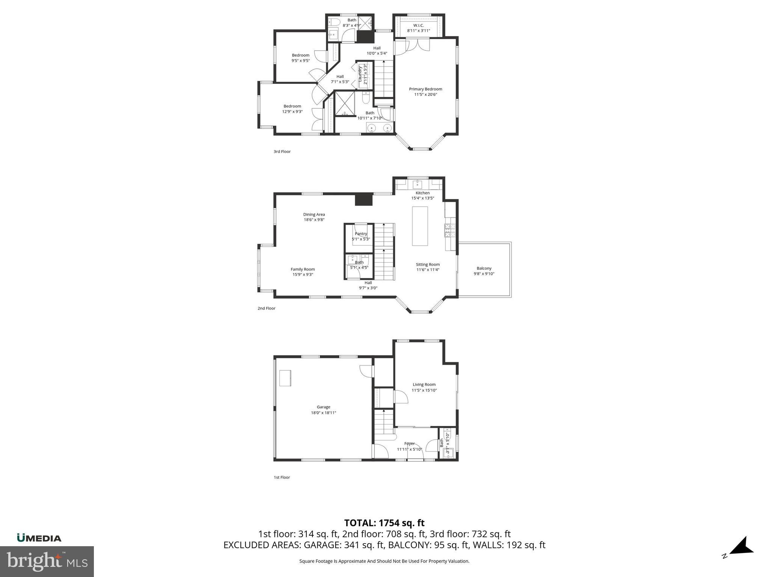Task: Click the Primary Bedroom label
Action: click(x=425, y=89)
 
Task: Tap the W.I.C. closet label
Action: click(x=418, y=25)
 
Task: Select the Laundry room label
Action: click(x=360, y=74)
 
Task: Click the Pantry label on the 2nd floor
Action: click(x=360, y=234)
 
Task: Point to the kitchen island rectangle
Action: click(x=420, y=226)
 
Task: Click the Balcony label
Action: click(x=484, y=268)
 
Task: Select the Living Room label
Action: click(x=424, y=385)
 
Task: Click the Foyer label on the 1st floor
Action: click(x=409, y=444)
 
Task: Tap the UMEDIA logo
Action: click(x=39, y=538)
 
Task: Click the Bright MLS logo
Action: click(x=47, y=561)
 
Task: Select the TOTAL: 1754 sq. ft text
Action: click(x=384, y=523)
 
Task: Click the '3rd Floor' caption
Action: click(x=282, y=152)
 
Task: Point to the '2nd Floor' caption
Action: click(x=266, y=308)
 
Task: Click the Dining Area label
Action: click(x=314, y=214)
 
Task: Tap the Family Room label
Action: click(x=303, y=269)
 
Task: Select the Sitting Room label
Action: click(x=428, y=264)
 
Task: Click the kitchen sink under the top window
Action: click(x=418, y=184)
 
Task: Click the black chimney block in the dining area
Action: click(x=363, y=199)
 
